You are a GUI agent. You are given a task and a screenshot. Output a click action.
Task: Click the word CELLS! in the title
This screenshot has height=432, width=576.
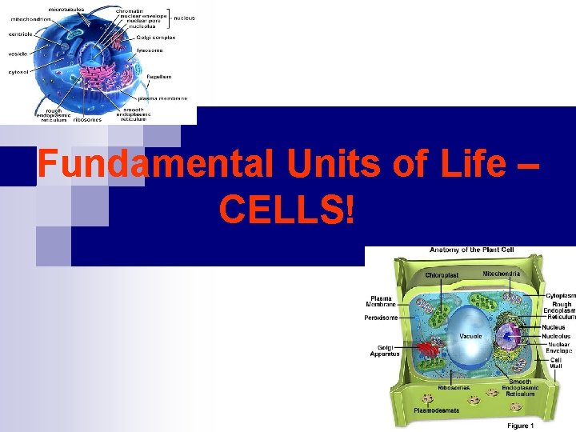tap(286, 209)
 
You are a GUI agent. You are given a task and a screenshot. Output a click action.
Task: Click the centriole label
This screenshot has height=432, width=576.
tap(20, 35)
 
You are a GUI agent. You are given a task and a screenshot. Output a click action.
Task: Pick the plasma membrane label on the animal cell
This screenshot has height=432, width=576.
tap(166, 98)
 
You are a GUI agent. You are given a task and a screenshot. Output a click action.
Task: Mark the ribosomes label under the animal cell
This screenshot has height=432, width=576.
tap(87, 120)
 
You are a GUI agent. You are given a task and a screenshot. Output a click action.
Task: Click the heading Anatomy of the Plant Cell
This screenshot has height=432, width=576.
tap(472, 250)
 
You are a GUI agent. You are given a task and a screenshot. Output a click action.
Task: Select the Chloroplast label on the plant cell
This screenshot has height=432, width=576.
tap(442, 275)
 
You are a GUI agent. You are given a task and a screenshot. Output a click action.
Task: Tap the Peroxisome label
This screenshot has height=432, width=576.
tap(382, 318)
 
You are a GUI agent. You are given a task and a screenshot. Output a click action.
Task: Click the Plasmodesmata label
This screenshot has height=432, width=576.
tap(436, 411)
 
